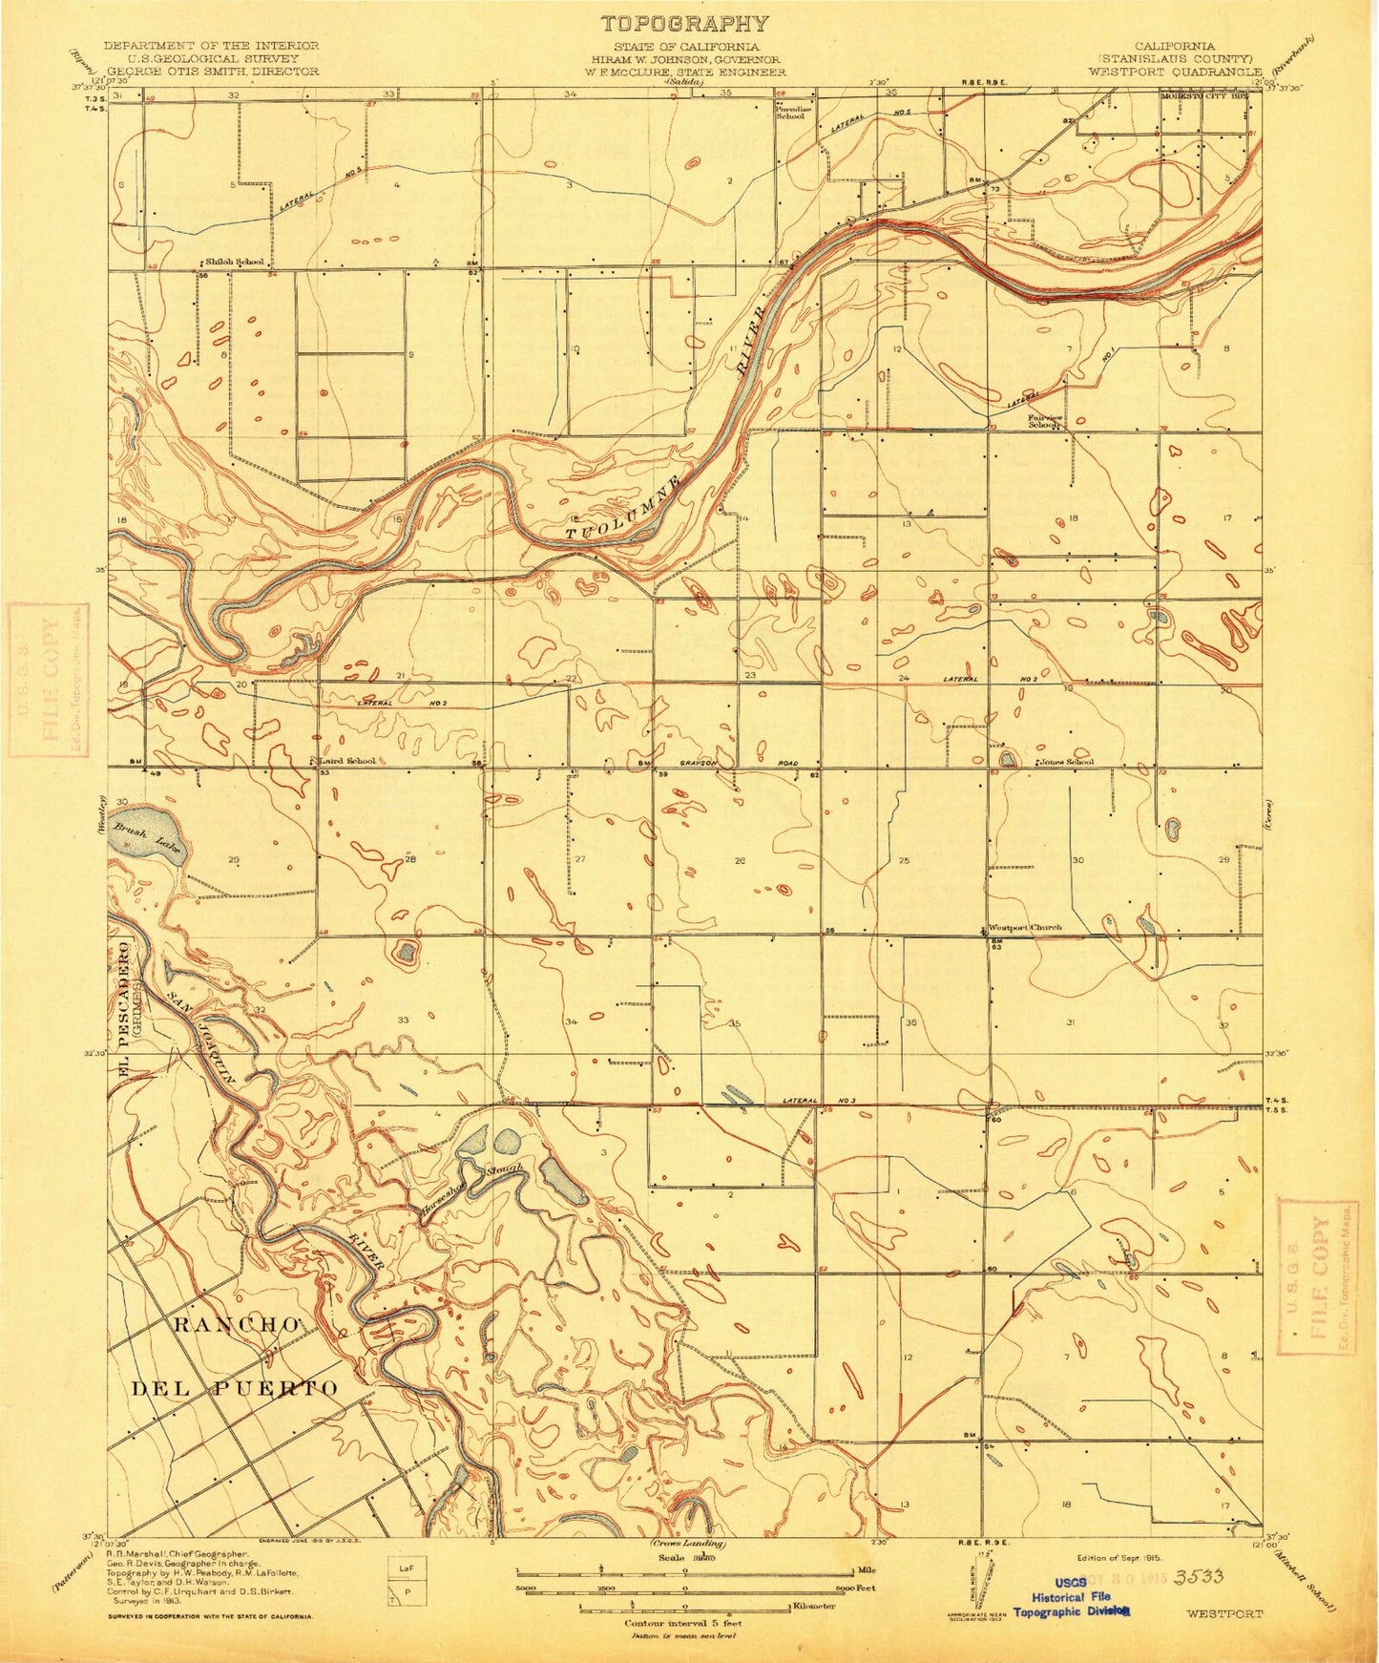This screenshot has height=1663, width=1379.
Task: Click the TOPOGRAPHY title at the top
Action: pyautogui.click(x=683, y=24)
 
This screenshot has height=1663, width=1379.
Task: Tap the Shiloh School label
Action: pyautogui.click(x=236, y=262)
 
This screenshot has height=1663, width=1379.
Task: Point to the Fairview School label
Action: pyautogui.click(x=1044, y=419)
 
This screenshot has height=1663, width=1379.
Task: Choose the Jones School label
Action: pyautogui.click(x=1067, y=762)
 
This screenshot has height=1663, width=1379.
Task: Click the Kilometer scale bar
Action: pyautogui.click(x=684, y=1607)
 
